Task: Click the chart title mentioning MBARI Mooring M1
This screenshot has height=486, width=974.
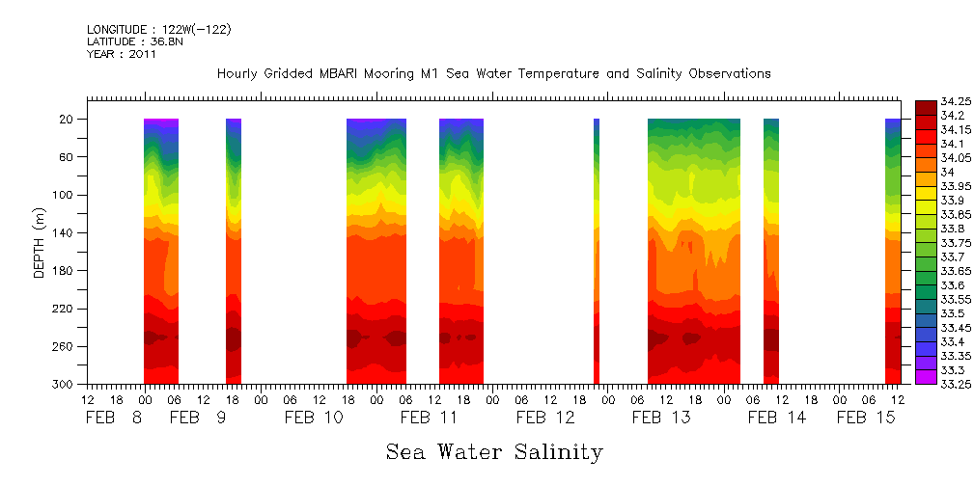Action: pyautogui.click(x=493, y=74)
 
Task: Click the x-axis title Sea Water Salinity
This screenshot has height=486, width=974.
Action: pyautogui.click(x=494, y=451)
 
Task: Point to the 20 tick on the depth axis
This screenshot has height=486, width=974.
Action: pyautogui.click(x=67, y=119)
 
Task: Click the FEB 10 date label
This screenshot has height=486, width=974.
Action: pyautogui.click(x=314, y=418)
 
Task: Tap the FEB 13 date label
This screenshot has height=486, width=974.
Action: pyautogui.click(x=661, y=418)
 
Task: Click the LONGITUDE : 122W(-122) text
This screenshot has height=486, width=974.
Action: pyautogui.click(x=158, y=30)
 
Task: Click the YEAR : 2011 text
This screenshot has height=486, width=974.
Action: pyautogui.click(x=121, y=55)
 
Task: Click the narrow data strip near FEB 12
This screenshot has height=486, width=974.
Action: pyautogui.click(x=597, y=251)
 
